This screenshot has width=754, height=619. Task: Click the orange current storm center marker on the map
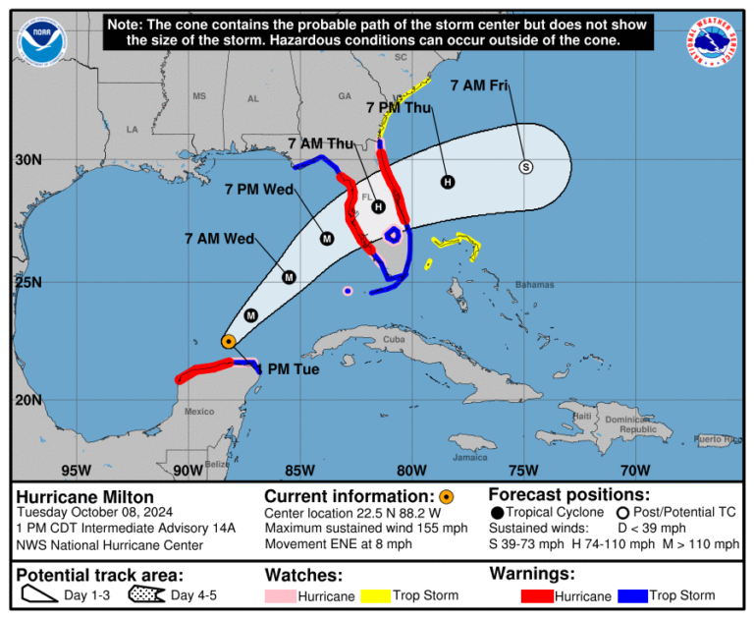228,341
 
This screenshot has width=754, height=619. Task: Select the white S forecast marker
525,166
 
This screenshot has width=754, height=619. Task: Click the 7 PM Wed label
259,189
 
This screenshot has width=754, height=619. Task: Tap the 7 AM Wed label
219,238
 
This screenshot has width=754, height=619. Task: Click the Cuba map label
394,340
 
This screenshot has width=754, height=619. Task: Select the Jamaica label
470,456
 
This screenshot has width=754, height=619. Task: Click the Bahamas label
534,285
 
